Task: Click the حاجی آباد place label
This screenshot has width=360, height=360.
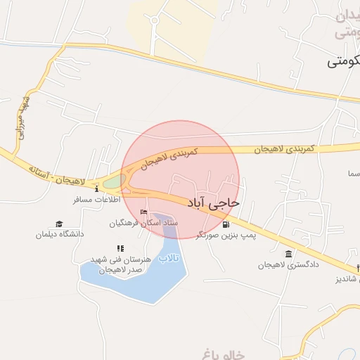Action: coord(213,202)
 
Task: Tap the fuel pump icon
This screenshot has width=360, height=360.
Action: coord(226,225)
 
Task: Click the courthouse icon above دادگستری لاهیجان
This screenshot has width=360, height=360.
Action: coord(288,254)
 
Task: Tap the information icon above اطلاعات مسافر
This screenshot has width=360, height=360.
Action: coord(96,188)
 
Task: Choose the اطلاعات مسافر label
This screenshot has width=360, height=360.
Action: coord(97,200)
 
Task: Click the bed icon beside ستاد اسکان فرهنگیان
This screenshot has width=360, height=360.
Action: coord(144,212)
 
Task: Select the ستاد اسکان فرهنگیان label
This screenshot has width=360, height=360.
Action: coord(143,223)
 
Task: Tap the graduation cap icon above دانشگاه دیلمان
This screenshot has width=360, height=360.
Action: coord(59,224)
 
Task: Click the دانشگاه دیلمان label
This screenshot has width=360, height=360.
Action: coord(60,234)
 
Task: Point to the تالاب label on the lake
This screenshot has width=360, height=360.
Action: coord(169,259)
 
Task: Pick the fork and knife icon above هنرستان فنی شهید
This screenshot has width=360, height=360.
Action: coord(120,248)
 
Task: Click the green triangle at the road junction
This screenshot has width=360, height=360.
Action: coord(112,184)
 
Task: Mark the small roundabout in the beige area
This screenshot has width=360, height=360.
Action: coord(155,20)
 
